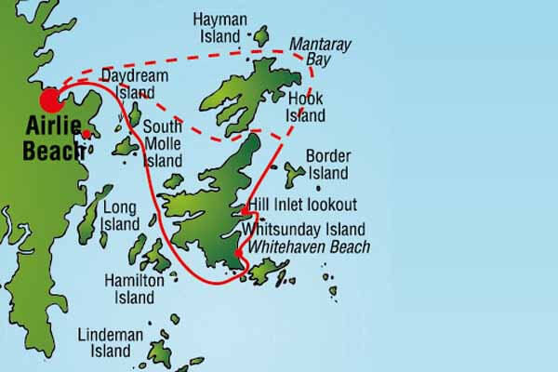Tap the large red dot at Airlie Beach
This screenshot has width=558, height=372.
pos(47,101)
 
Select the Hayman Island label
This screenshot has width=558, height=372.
pos(221,27)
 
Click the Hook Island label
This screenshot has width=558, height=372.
pos(306,107)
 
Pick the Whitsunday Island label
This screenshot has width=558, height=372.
pos(303,230)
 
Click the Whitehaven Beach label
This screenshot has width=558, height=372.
pos(305,246)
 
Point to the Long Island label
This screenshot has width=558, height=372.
pos(120,215)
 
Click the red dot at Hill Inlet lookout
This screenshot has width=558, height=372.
pos(245,211)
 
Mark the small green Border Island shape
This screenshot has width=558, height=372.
pos(294,173)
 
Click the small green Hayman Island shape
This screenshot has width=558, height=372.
pos(260,35)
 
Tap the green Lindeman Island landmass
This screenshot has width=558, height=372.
pos(160,352)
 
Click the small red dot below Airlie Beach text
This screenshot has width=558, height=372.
pos(86,135)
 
